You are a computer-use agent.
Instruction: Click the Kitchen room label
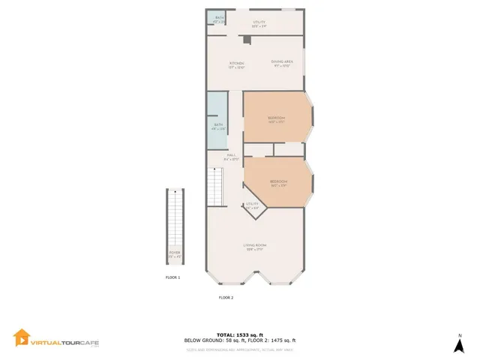point(236,63)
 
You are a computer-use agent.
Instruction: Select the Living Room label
point(255,245)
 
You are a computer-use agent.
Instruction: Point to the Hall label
point(231,155)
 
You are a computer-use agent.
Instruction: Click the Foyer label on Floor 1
point(174,253)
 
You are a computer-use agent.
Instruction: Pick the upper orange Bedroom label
point(277,118)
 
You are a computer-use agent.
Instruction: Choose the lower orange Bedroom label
point(278,181)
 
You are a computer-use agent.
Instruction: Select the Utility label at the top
point(259,22)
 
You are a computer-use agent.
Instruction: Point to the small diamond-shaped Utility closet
point(252,205)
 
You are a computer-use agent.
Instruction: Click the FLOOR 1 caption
point(173,277)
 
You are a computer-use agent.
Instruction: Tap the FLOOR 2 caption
point(226,298)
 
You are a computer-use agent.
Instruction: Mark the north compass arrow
point(458,344)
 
